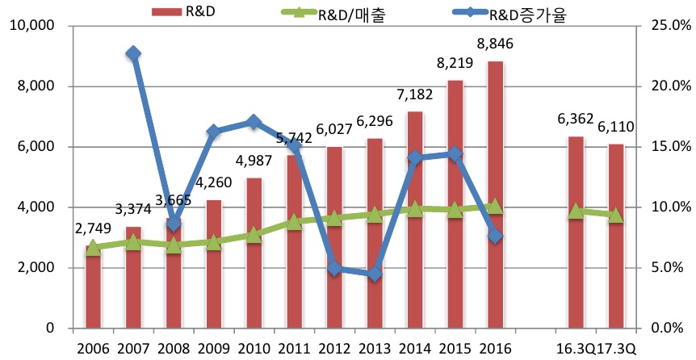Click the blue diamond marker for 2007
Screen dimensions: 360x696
click(133, 54)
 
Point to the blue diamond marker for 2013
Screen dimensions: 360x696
click(375, 274)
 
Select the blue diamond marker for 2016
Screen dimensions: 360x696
click(495, 236)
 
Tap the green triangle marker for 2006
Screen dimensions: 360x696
click(93, 248)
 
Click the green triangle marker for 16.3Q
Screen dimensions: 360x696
click(576, 211)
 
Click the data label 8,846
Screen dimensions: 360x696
click(495, 44)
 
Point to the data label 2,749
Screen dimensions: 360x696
click(93, 230)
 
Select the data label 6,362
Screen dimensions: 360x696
click(576, 119)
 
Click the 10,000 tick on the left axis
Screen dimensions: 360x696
click(33, 26)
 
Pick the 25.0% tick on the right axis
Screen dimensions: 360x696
click(664, 26)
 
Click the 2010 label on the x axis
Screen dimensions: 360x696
click(254, 348)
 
